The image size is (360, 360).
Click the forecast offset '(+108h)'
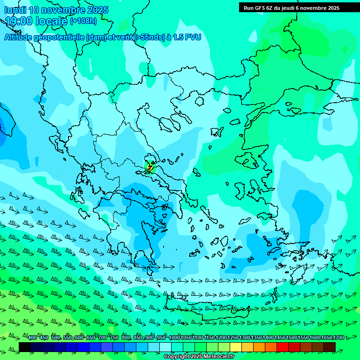pyautogui.click(x=83, y=21)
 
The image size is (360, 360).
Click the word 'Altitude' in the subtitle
pyautogui.click(x=22, y=37)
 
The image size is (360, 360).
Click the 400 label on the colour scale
pyautogui.click(x=32, y=338)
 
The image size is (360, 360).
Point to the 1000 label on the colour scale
pyautogui.click(x=174, y=338)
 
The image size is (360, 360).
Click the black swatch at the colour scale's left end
pyautogui.click(x=25, y=347)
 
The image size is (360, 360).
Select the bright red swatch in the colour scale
pyautogui.click(x=282, y=347)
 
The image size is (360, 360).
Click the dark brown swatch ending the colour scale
pyautogui.click(x=329, y=347)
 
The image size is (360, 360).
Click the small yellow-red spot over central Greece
pyautogui.click(x=150, y=166)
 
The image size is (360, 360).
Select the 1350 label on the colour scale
pyautogui.click(x=256, y=338)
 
